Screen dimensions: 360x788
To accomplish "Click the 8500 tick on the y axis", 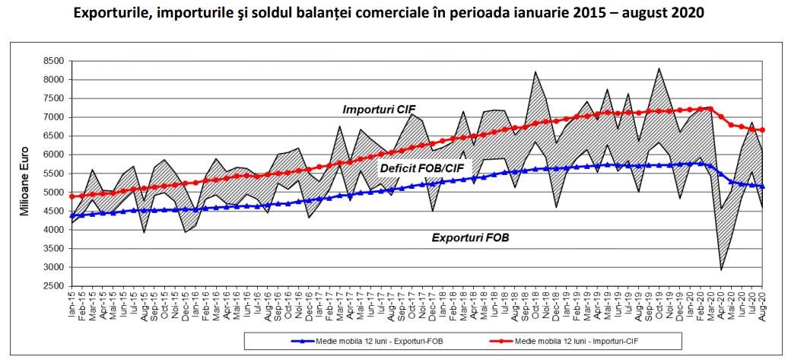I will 52,61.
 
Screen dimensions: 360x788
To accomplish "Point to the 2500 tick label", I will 52,286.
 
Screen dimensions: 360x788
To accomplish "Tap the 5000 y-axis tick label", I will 52,193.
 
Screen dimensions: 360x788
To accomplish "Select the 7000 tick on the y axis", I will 52,117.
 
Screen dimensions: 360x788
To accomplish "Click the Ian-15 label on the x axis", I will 72,302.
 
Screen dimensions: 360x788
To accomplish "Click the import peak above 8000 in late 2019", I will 658,68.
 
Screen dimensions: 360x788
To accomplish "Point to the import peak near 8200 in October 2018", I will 536,72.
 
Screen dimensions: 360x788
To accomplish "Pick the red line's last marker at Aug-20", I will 763,130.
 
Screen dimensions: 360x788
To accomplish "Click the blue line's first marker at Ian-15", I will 72,216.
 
